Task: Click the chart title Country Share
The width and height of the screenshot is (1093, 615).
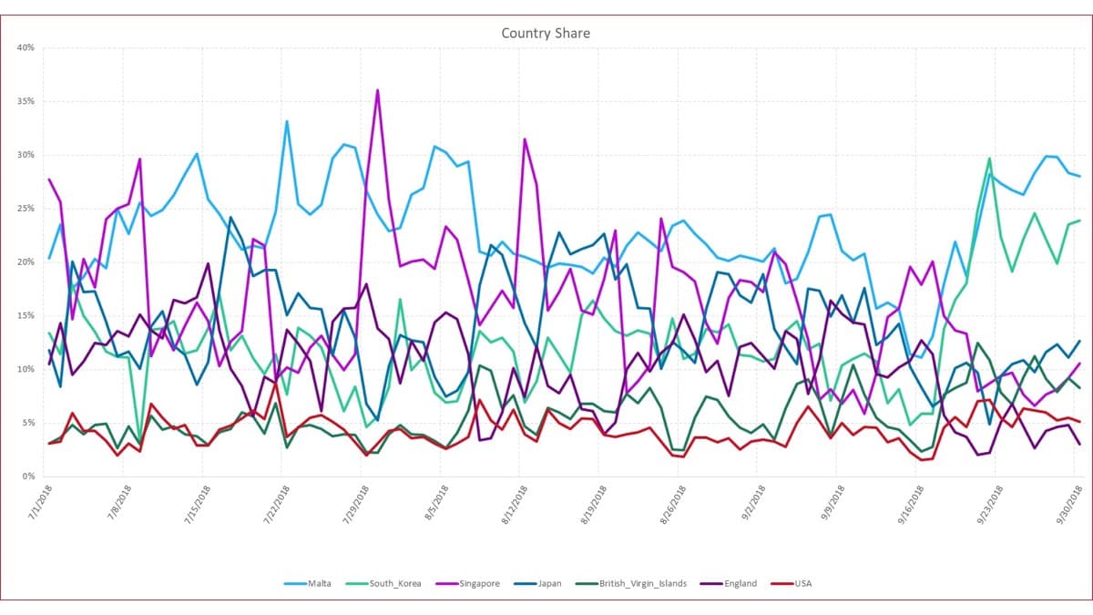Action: [546, 34]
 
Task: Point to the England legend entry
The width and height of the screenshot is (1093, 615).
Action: [733, 584]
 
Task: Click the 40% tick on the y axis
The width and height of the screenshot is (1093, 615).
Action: [25, 47]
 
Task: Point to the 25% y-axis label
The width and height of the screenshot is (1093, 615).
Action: [25, 208]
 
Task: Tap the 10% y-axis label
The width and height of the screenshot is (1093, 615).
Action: [25, 369]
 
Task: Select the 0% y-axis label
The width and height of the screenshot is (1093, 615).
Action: [27, 477]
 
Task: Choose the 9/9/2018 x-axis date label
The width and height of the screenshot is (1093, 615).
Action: [823, 505]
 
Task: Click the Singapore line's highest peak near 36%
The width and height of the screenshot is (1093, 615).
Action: [377, 90]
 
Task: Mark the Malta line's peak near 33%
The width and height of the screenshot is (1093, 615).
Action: [287, 121]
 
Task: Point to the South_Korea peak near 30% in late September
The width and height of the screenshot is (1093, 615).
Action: [989, 159]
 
